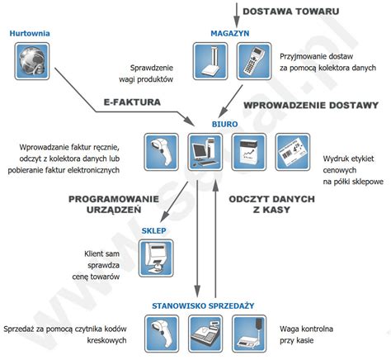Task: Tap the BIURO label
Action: point(224,123)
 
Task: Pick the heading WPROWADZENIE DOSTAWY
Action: point(312,107)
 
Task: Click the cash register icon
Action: point(204,334)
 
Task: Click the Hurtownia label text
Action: point(31,33)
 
